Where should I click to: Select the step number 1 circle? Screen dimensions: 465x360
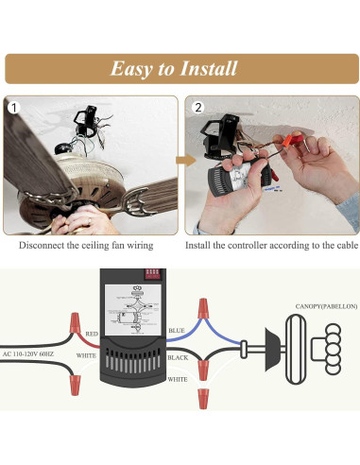(x=13, y=107)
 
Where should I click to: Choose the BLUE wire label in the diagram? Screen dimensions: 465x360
(x=177, y=331)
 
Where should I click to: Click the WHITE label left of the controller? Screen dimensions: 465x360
(x=87, y=355)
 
